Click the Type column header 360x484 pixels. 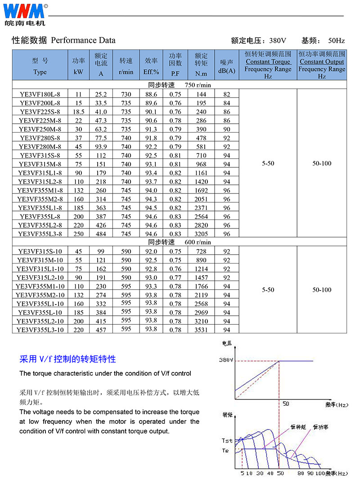coord(40,66)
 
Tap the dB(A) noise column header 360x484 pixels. coord(226,66)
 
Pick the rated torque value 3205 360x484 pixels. coord(201,234)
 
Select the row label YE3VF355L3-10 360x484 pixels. coord(40,330)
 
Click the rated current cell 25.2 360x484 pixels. coord(101,94)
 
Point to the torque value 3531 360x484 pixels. coord(201,330)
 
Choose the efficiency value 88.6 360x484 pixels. coord(151,94)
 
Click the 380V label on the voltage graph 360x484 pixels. coord(226,360)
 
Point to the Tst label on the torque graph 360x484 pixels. coord(227,441)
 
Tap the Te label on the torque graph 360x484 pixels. coord(226,450)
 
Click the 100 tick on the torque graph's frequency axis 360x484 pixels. coord(320,474)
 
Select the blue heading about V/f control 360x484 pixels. coord(67,359)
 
